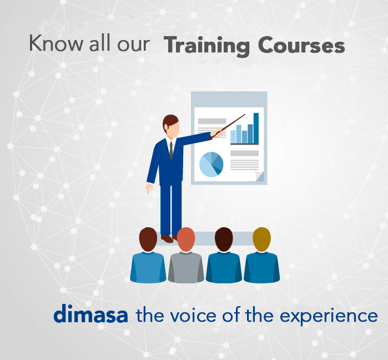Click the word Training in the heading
coord(206,46)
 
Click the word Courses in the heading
coord(301,45)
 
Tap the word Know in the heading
coord(56,43)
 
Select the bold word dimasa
coord(90,313)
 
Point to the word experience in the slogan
coord(329,317)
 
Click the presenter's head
coord(171,126)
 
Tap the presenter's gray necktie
coord(171,150)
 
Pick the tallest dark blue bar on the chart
coord(256,128)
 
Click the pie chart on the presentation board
coord(211,164)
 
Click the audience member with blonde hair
coord(261,255)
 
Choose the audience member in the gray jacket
coord(186,255)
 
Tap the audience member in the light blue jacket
coord(148,255)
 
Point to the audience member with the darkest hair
coord(224,255)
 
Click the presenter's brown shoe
coord(167,239)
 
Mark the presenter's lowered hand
coord(149,188)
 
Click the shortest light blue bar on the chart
coord(233,137)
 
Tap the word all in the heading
coord(99,43)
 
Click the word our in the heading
coord(134,45)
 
